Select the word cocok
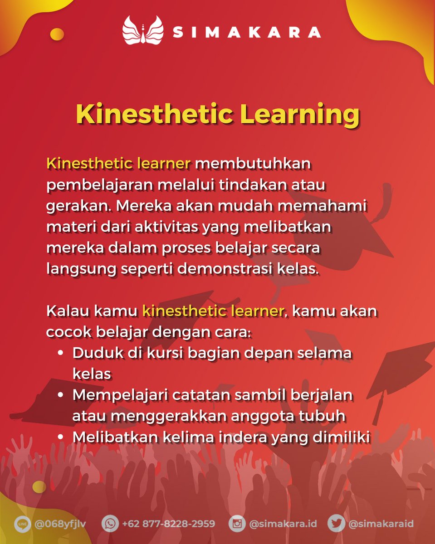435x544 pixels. (x=68, y=332)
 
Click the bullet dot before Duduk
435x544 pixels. (x=60, y=353)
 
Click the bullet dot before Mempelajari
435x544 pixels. (x=60, y=395)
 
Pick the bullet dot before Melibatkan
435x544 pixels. (x=60, y=437)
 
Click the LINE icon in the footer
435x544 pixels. (x=22, y=524)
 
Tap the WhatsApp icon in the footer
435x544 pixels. (x=110, y=524)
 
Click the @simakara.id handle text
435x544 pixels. (x=283, y=524)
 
